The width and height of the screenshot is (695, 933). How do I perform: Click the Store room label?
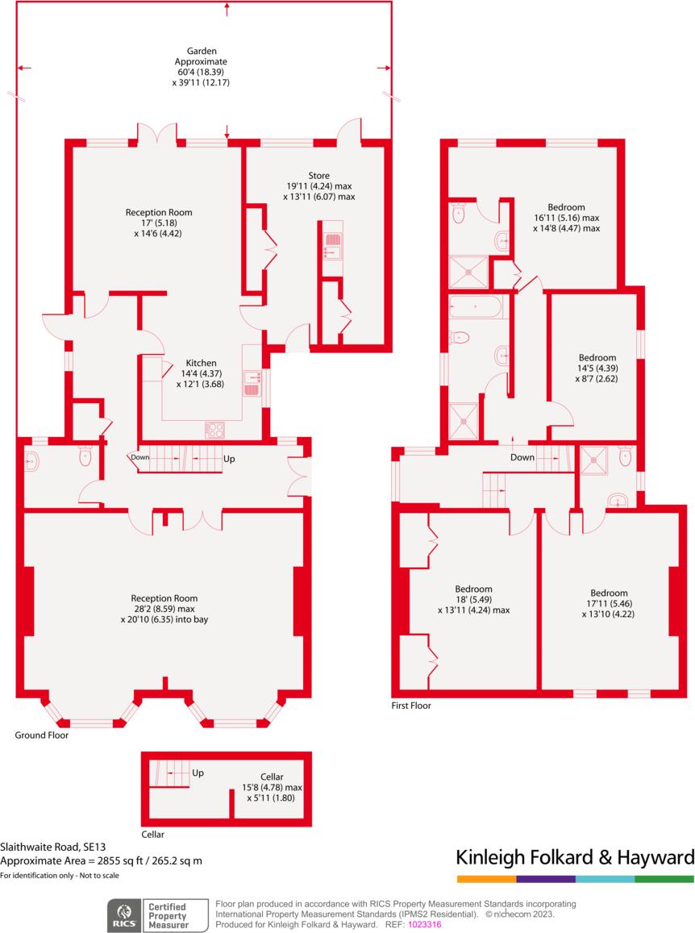click(318, 176)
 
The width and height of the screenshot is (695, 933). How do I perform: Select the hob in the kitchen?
click(214, 430)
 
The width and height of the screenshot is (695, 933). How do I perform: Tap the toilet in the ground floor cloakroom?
click(85, 457)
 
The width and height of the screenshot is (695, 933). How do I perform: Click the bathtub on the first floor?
click(476, 307)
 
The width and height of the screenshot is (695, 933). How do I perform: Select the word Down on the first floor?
click(522, 457)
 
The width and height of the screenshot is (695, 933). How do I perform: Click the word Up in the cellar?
click(198, 773)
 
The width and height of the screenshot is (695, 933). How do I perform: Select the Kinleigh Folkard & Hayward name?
click(575, 856)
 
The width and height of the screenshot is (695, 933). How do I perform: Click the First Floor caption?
click(411, 706)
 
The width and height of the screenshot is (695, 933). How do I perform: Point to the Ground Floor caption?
click(42, 735)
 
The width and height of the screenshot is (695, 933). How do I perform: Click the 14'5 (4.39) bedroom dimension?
click(597, 368)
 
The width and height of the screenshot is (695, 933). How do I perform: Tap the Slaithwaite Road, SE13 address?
click(53, 847)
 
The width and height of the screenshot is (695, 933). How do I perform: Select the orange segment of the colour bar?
click(486, 878)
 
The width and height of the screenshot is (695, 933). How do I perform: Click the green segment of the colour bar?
click(664, 878)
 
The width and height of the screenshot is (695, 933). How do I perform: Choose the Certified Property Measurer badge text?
click(166, 915)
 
